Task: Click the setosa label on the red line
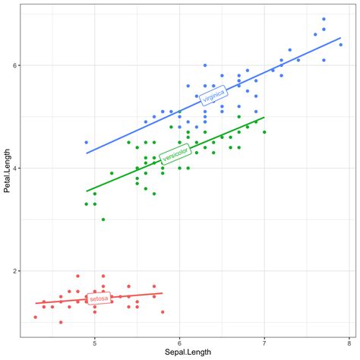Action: tap(98, 298)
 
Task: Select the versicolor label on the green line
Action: tap(175, 154)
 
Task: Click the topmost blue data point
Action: tap(324, 19)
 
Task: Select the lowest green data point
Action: tap(103, 219)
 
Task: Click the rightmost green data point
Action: tap(264, 132)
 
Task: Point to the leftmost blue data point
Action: tap(86, 142)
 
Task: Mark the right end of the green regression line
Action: tap(264, 118)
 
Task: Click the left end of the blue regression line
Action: tap(86, 153)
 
